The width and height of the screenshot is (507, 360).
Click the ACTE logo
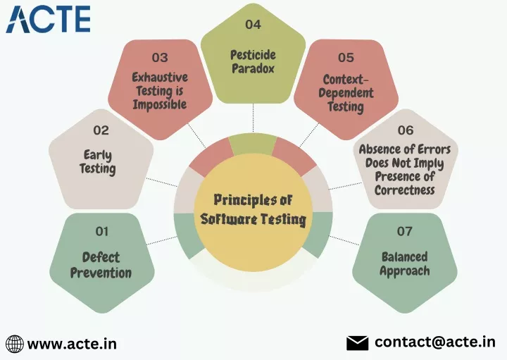[x=48, y=20]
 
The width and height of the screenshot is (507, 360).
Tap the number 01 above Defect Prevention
[x=102, y=231]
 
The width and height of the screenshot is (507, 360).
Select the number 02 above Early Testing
[x=101, y=130]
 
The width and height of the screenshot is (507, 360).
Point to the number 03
[x=160, y=58]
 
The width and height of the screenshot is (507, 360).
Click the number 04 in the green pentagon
[x=253, y=24]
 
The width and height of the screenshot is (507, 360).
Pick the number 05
[x=346, y=58]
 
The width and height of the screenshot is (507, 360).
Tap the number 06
[x=406, y=130]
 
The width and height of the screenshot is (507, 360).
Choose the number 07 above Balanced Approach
[x=404, y=231]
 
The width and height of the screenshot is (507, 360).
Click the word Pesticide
[x=253, y=55]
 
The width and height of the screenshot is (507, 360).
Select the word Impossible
[x=160, y=104]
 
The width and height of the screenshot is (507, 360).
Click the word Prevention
[x=101, y=273]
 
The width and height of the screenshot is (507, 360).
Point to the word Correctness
[x=404, y=190]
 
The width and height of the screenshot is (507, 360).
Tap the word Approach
[x=404, y=271]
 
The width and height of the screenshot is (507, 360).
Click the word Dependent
[x=346, y=93]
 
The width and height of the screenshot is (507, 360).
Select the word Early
[x=98, y=156]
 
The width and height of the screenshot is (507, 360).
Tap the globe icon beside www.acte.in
[x=15, y=344]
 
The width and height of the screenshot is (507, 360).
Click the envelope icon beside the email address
[x=357, y=343]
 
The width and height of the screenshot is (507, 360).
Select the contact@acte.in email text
[x=435, y=342]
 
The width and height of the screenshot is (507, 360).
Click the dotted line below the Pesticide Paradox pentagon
[x=254, y=118]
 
